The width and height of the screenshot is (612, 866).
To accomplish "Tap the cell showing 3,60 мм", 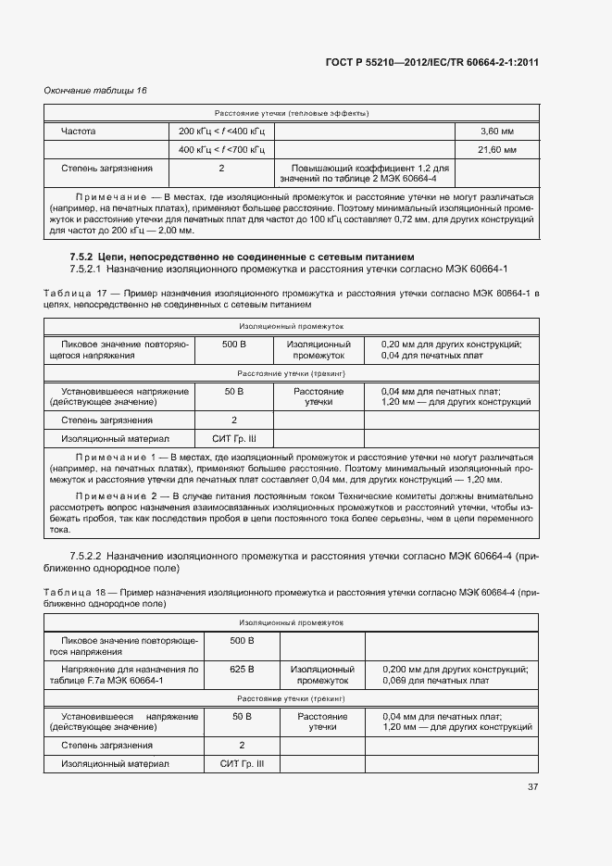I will point(496,132).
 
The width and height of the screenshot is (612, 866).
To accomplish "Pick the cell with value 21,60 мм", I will point(496,149).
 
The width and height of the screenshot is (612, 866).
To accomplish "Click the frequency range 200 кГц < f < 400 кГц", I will point(221,132).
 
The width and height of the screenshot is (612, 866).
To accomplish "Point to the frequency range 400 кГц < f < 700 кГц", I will point(221,149).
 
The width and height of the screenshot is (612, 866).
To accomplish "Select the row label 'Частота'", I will point(79,132).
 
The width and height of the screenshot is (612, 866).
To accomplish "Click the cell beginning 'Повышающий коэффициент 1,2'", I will point(363,173).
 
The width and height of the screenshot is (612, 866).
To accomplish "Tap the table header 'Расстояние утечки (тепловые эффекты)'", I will point(293,113).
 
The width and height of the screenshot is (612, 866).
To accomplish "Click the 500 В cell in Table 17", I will point(233,345).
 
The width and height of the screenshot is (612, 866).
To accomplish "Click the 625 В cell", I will point(241,669).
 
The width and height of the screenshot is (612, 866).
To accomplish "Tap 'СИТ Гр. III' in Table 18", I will point(242,764).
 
